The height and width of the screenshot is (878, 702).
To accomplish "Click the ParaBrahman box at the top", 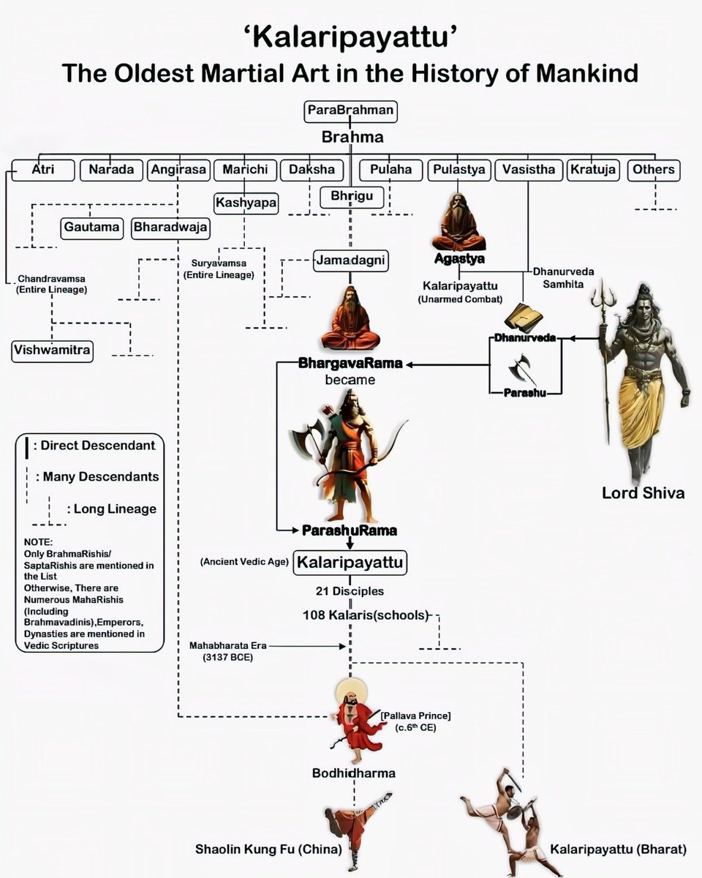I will pyautogui.click(x=350, y=111).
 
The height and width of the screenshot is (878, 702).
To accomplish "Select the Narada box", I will pyautogui.click(x=111, y=170).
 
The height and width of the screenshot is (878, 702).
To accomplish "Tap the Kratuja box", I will pyautogui.click(x=593, y=170).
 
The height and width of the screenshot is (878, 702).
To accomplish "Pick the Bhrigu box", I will pyautogui.click(x=351, y=197).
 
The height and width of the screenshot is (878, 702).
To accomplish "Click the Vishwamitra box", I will pyautogui.click(x=52, y=350).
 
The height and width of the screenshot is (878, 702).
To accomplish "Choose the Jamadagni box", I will pyautogui.click(x=351, y=260).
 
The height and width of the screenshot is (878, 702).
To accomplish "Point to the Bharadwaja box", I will pyautogui.click(x=170, y=228).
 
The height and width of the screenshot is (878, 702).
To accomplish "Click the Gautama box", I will pyautogui.click(x=91, y=228).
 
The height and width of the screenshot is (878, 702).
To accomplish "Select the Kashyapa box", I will pyautogui.click(x=246, y=202).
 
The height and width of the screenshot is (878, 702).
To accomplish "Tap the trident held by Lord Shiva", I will pyautogui.click(x=604, y=307).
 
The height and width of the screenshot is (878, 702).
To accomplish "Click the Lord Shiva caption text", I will pyautogui.click(x=643, y=492).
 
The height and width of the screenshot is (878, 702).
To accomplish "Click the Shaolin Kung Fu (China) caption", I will pyautogui.click(x=268, y=849).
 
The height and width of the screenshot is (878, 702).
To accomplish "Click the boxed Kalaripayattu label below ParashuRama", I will pyautogui.click(x=350, y=563).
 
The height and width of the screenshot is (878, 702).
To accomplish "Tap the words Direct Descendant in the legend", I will pyautogui.click(x=98, y=446).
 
